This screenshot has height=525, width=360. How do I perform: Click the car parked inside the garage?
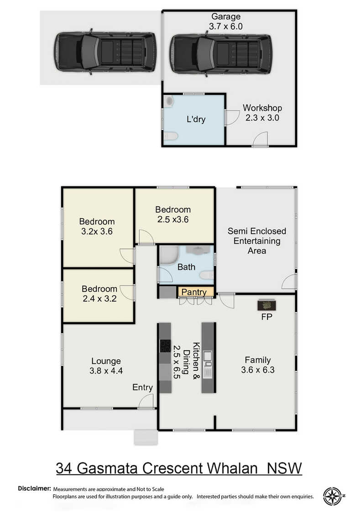coord(221,53)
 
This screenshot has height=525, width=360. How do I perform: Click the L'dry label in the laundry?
coord(196,119)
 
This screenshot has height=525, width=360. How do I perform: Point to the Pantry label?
coord(194,292)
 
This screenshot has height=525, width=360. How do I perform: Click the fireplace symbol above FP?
coord(266,304)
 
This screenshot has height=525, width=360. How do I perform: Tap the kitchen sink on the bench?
coord(208,358)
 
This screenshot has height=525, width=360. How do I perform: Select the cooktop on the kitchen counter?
coord(165,346)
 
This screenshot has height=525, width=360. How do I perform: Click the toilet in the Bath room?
coord(207,275)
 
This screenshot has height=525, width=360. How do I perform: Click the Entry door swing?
coord(146,401)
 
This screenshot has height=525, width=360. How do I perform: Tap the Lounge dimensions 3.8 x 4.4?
coord(106,371)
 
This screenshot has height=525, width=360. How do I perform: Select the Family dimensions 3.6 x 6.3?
coord(258,370)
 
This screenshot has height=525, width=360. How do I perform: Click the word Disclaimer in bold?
coord(35,488)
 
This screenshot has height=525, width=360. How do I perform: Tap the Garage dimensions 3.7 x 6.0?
coord(226,26)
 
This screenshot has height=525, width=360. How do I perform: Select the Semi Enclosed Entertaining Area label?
coord(257,241)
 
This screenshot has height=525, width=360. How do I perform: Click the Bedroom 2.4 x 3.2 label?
coord(99,294)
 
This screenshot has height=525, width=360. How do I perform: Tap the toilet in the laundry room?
coord(171,136)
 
